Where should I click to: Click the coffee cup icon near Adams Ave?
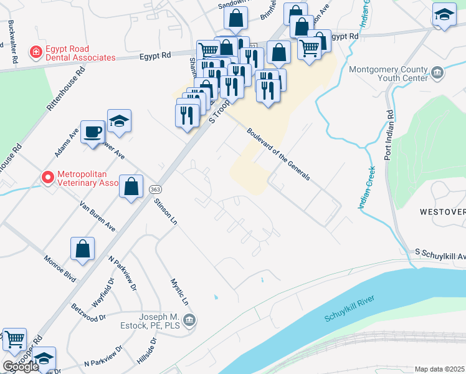pyautogui.click(x=92, y=132)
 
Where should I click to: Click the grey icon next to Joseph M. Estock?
pyautogui.click(x=191, y=320)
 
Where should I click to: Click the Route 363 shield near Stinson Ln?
pyautogui.click(x=155, y=188)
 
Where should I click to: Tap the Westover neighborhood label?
pyautogui.click(x=442, y=212)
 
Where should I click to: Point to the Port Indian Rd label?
pyautogui.click(x=389, y=135)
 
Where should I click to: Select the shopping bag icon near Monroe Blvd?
pyautogui.click(x=82, y=249)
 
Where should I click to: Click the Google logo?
pyautogui.click(x=20, y=367)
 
